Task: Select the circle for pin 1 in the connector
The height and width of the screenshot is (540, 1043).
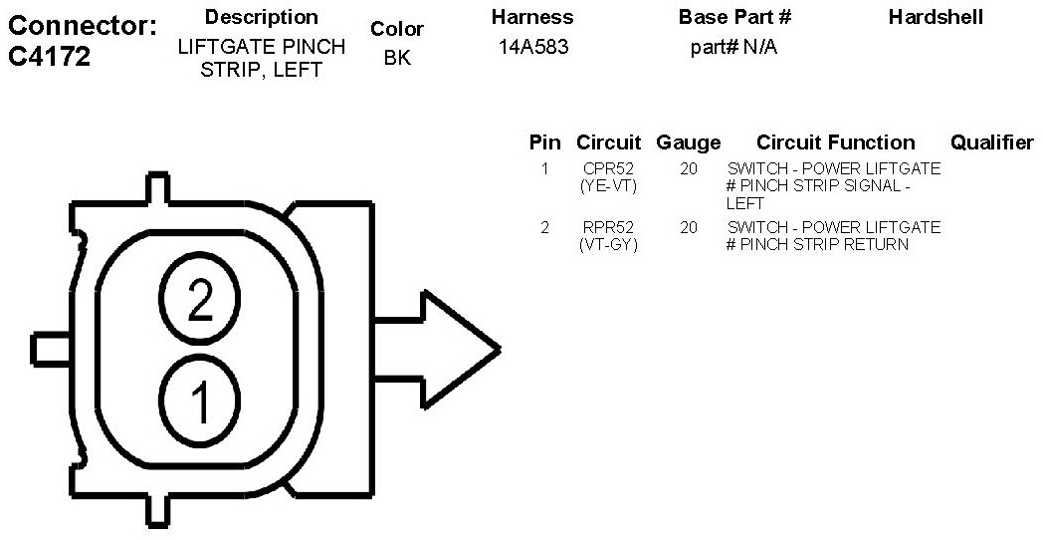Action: tap(200, 401)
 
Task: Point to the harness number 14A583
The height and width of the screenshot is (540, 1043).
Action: tap(533, 47)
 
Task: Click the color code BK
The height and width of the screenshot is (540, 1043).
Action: tap(397, 58)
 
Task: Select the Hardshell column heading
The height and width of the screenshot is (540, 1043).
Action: tap(936, 17)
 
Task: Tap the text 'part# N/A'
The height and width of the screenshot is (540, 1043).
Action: tap(733, 47)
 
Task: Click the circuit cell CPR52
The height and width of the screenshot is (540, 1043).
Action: tap(608, 168)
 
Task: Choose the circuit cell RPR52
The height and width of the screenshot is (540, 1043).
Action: tap(608, 227)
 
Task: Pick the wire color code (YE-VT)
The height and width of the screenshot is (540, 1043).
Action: tap(608, 185)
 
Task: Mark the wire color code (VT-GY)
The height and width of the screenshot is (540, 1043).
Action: tap(608, 244)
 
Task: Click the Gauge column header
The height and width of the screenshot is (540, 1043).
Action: tap(688, 142)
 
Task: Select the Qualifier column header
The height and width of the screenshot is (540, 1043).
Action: tap(991, 142)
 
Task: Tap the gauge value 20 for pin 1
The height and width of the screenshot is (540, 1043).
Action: tap(689, 168)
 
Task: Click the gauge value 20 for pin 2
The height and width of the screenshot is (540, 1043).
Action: tap(689, 227)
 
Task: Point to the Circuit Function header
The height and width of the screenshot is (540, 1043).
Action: tap(835, 142)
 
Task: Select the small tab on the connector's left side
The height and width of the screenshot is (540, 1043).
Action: tap(51, 349)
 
